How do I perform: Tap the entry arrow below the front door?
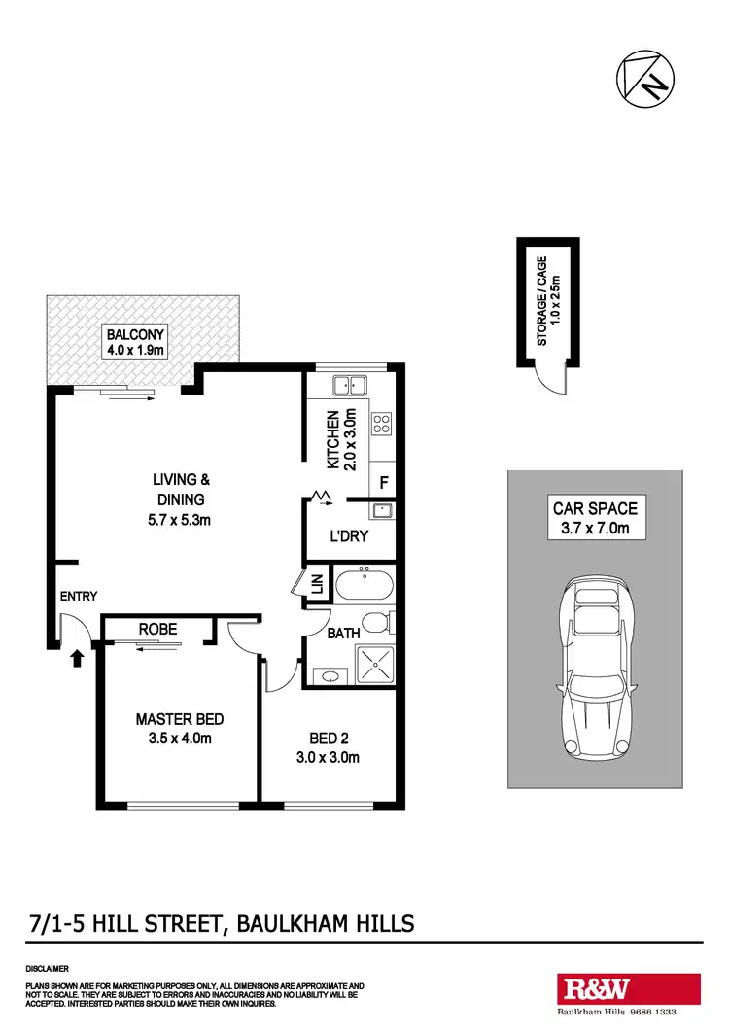(78, 660)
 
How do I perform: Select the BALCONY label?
(136, 335)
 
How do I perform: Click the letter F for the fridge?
(384, 482)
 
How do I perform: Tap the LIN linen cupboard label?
(317, 585)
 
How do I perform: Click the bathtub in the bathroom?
(364, 586)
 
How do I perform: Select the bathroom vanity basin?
(329, 674)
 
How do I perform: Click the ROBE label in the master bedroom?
(157, 629)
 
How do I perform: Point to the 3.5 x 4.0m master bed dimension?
(174, 739)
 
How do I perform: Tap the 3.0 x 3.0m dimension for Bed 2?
(329, 757)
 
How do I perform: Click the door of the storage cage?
(552, 380)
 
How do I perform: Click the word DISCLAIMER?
(47, 969)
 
